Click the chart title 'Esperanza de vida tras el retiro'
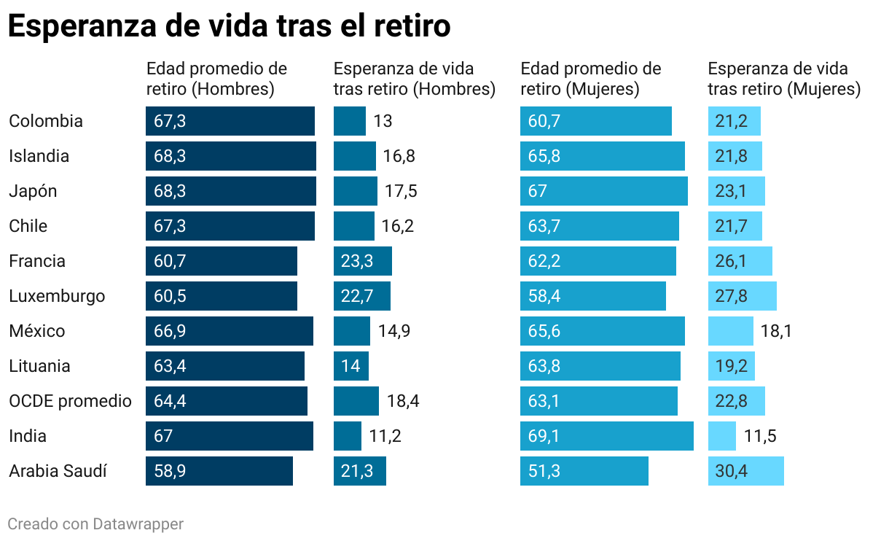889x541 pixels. pyautogui.click(x=229, y=26)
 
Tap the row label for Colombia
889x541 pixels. pyautogui.click(x=46, y=121)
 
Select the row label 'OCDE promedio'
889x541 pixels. pyautogui.click(x=70, y=401)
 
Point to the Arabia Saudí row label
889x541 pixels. pyautogui.click(x=58, y=471)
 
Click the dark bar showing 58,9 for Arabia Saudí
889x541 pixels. pyautogui.click(x=219, y=471)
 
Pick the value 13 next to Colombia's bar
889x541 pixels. pyautogui.click(x=383, y=121)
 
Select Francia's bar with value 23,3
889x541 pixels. pyautogui.click(x=363, y=261)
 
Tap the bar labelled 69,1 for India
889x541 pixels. pyautogui.click(x=606, y=436)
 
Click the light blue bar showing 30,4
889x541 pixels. pyautogui.click(x=745, y=471)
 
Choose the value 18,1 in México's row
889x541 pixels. pyautogui.click(x=776, y=331)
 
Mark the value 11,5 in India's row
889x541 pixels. pyautogui.click(x=760, y=436)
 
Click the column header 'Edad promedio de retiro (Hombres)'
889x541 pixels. pyautogui.click(x=217, y=79)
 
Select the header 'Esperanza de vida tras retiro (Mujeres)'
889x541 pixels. pyautogui.click(x=784, y=79)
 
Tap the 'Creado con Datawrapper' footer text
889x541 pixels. pyautogui.click(x=95, y=524)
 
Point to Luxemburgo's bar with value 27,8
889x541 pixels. pyautogui.click(x=742, y=296)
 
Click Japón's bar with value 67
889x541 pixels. pyautogui.click(x=603, y=191)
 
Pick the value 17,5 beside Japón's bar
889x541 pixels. pyautogui.click(x=401, y=191)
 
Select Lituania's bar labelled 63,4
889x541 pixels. pyautogui.click(x=225, y=366)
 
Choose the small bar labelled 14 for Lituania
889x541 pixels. pyautogui.click(x=351, y=366)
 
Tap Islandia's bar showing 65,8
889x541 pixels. pyautogui.click(x=602, y=156)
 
